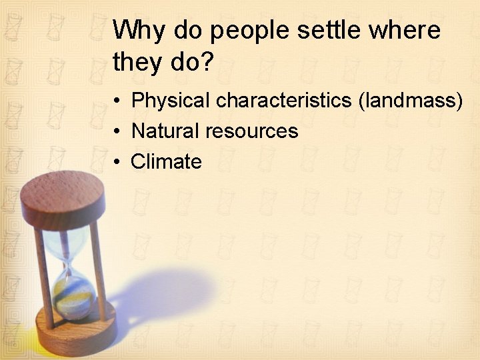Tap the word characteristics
click(x=285, y=101)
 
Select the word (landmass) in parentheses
click(x=411, y=101)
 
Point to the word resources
click(x=251, y=131)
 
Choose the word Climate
click(x=166, y=162)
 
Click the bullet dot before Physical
click(x=116, y=101)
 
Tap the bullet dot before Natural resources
click(x=116, y=132)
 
